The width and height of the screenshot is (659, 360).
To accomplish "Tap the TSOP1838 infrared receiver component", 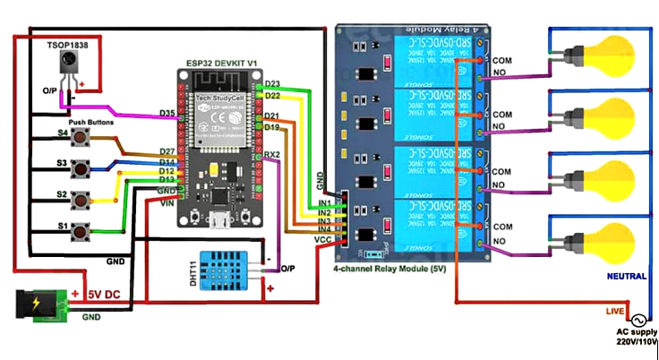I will click(66, 65).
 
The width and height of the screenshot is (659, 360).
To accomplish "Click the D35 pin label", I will click(167, 114).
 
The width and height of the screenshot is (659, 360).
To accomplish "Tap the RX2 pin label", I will click(273, 154).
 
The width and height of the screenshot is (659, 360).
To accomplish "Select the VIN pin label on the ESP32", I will click(167, 203).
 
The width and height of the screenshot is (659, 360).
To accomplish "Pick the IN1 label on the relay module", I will click(324, 204).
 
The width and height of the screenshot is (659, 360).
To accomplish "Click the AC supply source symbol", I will click(639, 321).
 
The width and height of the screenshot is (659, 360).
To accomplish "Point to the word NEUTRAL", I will click(626, 279).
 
